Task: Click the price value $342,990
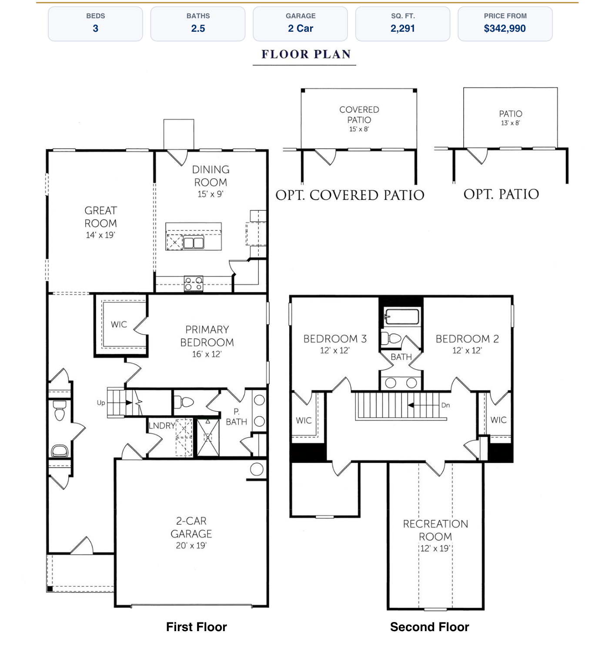point(505,29)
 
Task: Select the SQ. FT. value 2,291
point(402,29)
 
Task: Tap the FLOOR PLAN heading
point(306,54)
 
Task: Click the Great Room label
point(100,216)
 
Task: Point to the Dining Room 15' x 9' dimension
point(210,194)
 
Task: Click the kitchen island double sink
point(194,243)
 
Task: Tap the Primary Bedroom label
point(207,336)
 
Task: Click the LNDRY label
point(162,426)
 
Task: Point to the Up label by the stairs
point(101,403)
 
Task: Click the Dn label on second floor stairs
point(445,405)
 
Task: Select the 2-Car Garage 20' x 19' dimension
point(191,546)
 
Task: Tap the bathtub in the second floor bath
point(401,317)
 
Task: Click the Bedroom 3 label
point(335,339)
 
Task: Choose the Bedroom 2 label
point(467,339)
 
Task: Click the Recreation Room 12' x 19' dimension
point(435,548)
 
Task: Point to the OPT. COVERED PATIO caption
point(350,195)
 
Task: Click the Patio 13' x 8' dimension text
point(510,123)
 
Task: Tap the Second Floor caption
point(429,627)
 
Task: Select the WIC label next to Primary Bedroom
point(119,324)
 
